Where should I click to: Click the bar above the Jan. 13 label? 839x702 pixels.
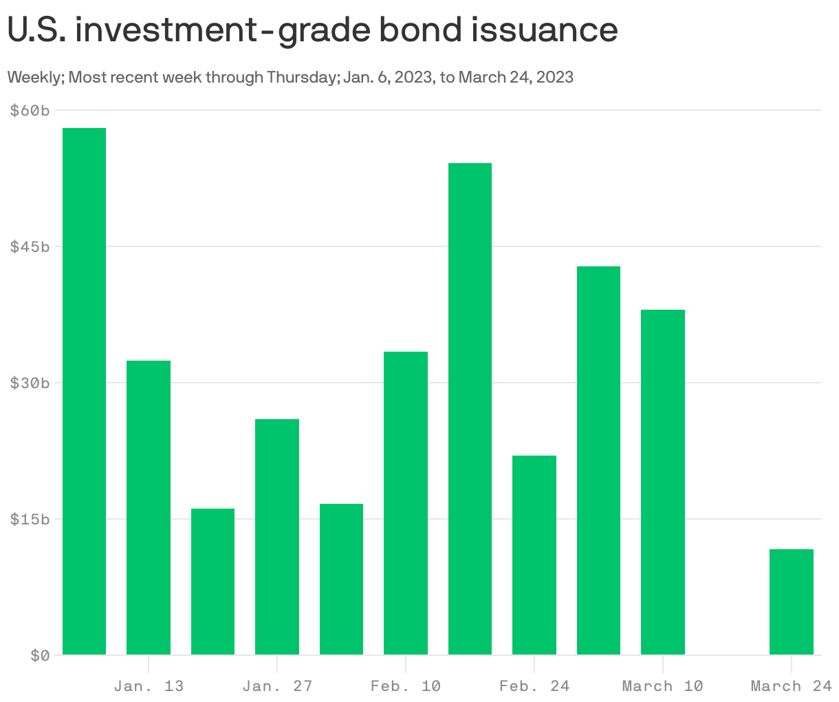click(149, 507)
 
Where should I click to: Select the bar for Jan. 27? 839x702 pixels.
click(277, 537)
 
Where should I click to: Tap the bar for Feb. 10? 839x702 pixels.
click(406, 503)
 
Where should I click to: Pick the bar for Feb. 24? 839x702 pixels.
click(534, 555)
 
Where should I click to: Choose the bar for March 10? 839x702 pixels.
click(663, 482)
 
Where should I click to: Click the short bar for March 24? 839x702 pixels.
click(792, 602)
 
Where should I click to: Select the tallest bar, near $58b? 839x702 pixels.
click(84, 391)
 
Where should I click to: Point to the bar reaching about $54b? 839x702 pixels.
click(470, 409)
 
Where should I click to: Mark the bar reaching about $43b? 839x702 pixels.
click(598, 460)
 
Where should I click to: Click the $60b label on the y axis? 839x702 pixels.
click(30, 110)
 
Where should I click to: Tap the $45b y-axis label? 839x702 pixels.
click(30, 246)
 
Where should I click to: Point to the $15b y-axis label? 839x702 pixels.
click(30, 519)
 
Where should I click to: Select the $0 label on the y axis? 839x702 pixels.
click(39, 655)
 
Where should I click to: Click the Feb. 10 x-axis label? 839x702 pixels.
click(406, 686)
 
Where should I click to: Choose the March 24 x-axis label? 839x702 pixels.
click(792, 686)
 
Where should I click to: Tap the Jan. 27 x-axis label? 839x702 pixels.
click(277, 686)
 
